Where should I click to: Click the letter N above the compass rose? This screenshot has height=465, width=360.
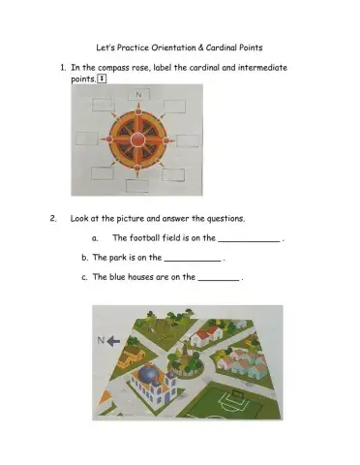[x=138, y=95]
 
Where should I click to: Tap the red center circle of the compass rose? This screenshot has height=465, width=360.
[x=137, y=139]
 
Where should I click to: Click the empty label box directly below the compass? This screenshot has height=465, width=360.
[x=137, y=185]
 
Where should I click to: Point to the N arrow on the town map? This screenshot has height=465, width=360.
[x=107, y=340]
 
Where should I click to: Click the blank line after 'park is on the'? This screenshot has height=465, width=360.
[x=193, y=261]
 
